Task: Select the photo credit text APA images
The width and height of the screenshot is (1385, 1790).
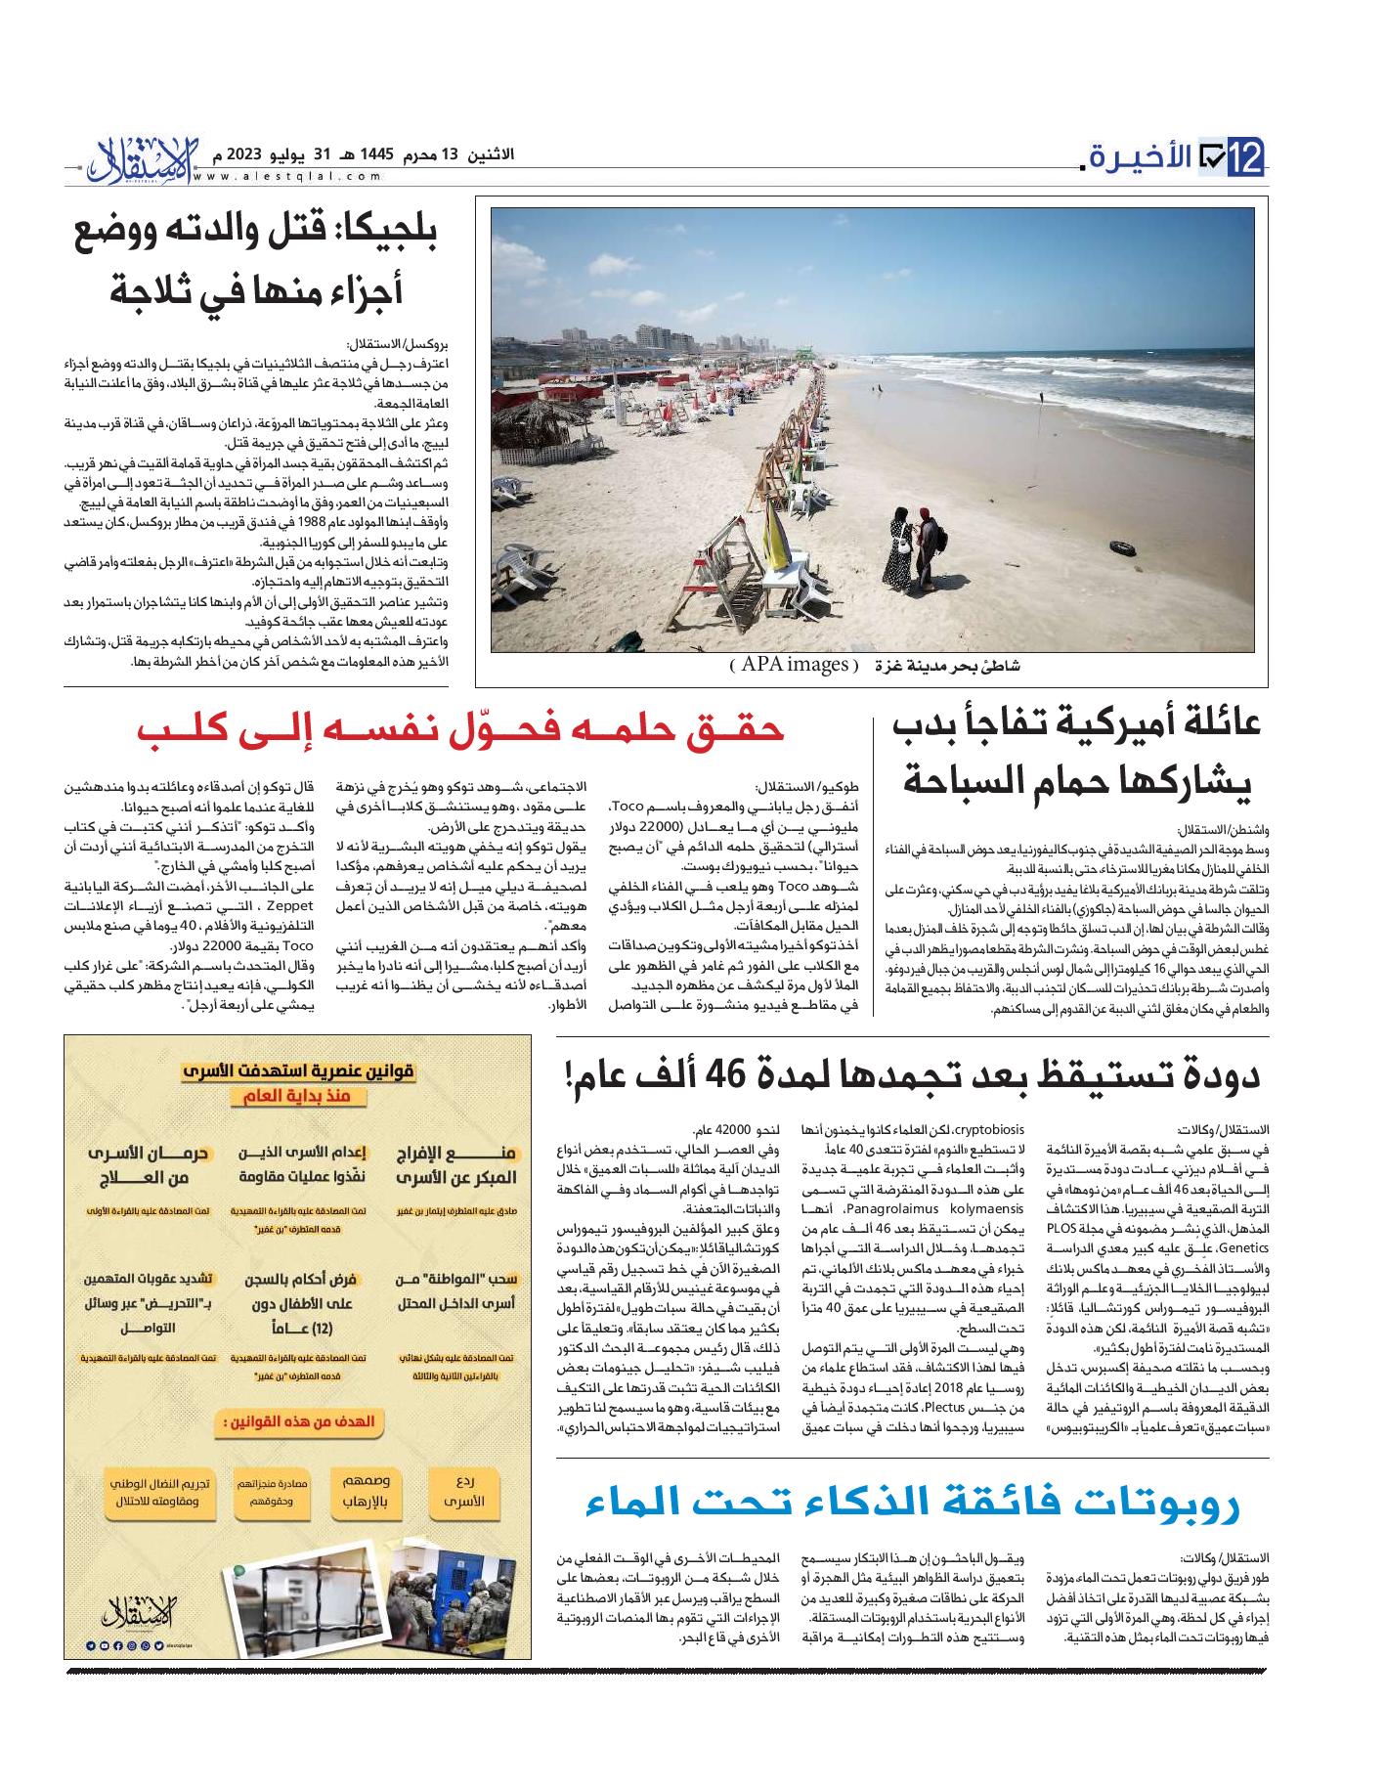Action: pyautogui.click(x=794, y=666)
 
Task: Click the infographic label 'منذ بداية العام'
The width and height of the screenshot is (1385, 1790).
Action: pyautogui.click(x=298, y=1099)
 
